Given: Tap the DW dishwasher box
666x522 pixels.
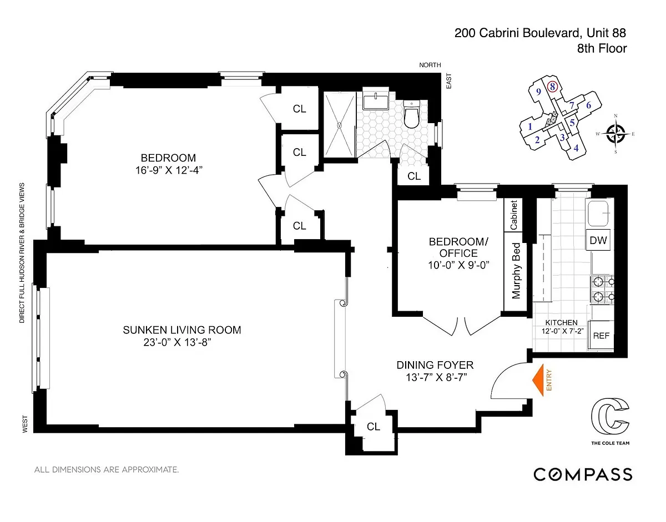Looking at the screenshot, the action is coord(598,240).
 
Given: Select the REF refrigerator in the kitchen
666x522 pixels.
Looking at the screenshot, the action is coord(601,336).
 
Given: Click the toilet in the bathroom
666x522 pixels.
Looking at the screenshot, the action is coord(412,115).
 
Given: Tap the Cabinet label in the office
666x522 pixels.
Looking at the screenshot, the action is coord(514,215).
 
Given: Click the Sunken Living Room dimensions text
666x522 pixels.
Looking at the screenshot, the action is coord(178,342).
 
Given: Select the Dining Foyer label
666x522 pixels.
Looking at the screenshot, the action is coord(435,365).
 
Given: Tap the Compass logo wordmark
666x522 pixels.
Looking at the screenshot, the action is coord(583,474).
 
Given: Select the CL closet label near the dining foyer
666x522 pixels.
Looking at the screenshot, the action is coord(374,427).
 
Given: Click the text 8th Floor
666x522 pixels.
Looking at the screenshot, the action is coord(602,48).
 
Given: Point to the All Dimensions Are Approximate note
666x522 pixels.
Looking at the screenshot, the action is coord(107,470).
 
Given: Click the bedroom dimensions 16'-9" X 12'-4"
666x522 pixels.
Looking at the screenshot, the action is coord(168,170).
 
